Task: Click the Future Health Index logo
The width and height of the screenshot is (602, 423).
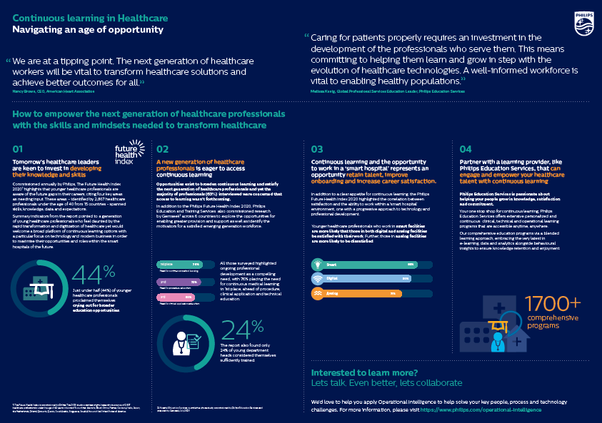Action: tap(129, 153)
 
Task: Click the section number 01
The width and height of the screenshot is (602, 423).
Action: tap(19, 148)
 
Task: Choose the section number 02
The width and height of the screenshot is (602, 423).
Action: tap(162, 148)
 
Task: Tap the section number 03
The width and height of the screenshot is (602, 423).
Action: tap(317, 148)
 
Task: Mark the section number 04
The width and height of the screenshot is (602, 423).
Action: tap(466, 148)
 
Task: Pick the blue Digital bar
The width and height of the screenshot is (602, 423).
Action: tap(368, 278)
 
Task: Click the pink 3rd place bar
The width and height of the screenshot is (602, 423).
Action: tap(176, 296)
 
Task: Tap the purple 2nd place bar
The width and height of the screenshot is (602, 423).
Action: tap(178, 282)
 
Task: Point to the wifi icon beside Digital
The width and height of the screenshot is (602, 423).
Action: tap(318, 278)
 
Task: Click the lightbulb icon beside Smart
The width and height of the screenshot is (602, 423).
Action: tap(318, 264)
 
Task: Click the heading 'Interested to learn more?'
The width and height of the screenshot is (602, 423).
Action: tap(364, 373)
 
